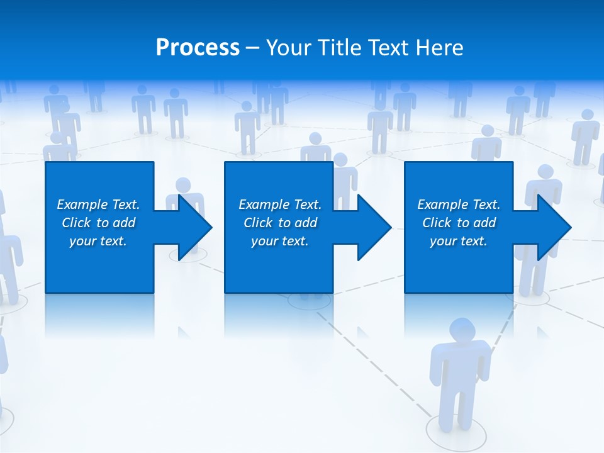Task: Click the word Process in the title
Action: coord(198,48)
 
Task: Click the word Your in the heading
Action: coord(290,48)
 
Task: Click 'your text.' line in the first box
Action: coord(98,241)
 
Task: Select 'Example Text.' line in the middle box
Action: coord(280,204)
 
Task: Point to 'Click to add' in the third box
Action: coord(459,223)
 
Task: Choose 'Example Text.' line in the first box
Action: coord(98,204)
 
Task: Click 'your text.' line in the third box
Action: coord(459,241)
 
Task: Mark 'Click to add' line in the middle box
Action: coord(280,223)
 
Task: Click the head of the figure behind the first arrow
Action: coord(183,185)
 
